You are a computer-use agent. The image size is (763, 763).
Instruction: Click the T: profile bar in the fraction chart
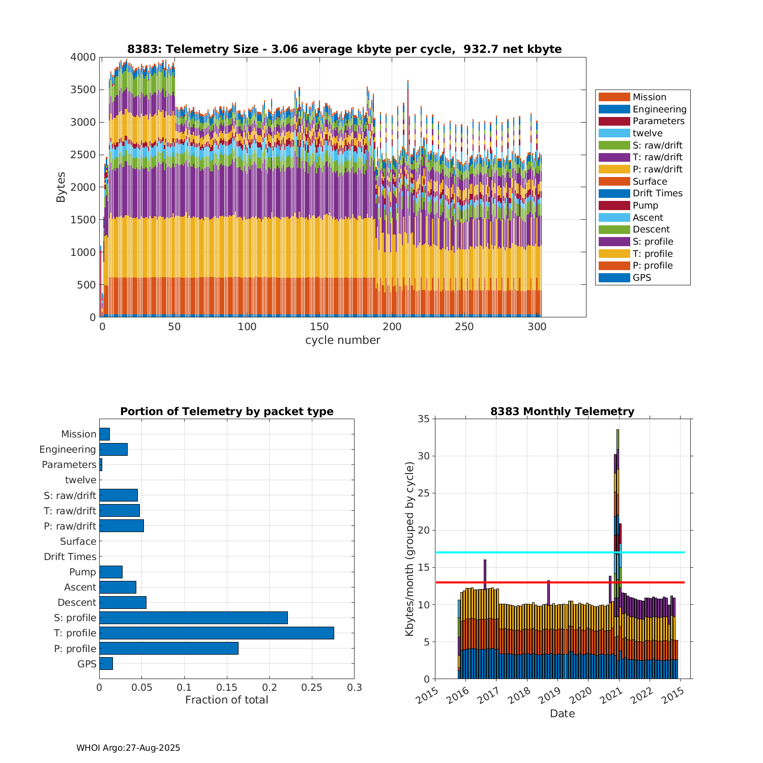pos(216,633)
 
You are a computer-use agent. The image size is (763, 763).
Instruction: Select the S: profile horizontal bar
pos(193,618)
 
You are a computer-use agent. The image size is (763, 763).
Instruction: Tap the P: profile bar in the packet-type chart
pos(168,649)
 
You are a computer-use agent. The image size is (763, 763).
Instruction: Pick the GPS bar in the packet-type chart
pos(106,664)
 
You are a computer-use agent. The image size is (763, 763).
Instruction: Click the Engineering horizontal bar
pos(113,449)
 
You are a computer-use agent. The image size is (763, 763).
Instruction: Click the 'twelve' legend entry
pos(648,133)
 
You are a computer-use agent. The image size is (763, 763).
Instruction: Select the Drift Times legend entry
pos(657,193)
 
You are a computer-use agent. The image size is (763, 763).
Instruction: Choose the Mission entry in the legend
pos(649,97)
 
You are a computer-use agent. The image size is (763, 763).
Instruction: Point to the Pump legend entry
pos(645,206)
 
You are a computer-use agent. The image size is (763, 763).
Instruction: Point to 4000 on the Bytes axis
pos(83,57)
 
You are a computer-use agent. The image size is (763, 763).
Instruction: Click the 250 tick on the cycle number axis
pos(465,327)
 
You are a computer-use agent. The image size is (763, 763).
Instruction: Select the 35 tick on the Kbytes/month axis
pos(424,419)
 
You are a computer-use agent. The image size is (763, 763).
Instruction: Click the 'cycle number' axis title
pos(342,340)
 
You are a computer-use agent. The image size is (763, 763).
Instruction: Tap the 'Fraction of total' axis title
pos(226,700)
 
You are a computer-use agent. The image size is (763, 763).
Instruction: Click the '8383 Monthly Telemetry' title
pos(562,412)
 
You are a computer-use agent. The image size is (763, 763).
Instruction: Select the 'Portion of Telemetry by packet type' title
pos(226,412)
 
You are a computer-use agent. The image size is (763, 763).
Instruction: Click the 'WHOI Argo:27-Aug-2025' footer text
pos(128,748)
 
